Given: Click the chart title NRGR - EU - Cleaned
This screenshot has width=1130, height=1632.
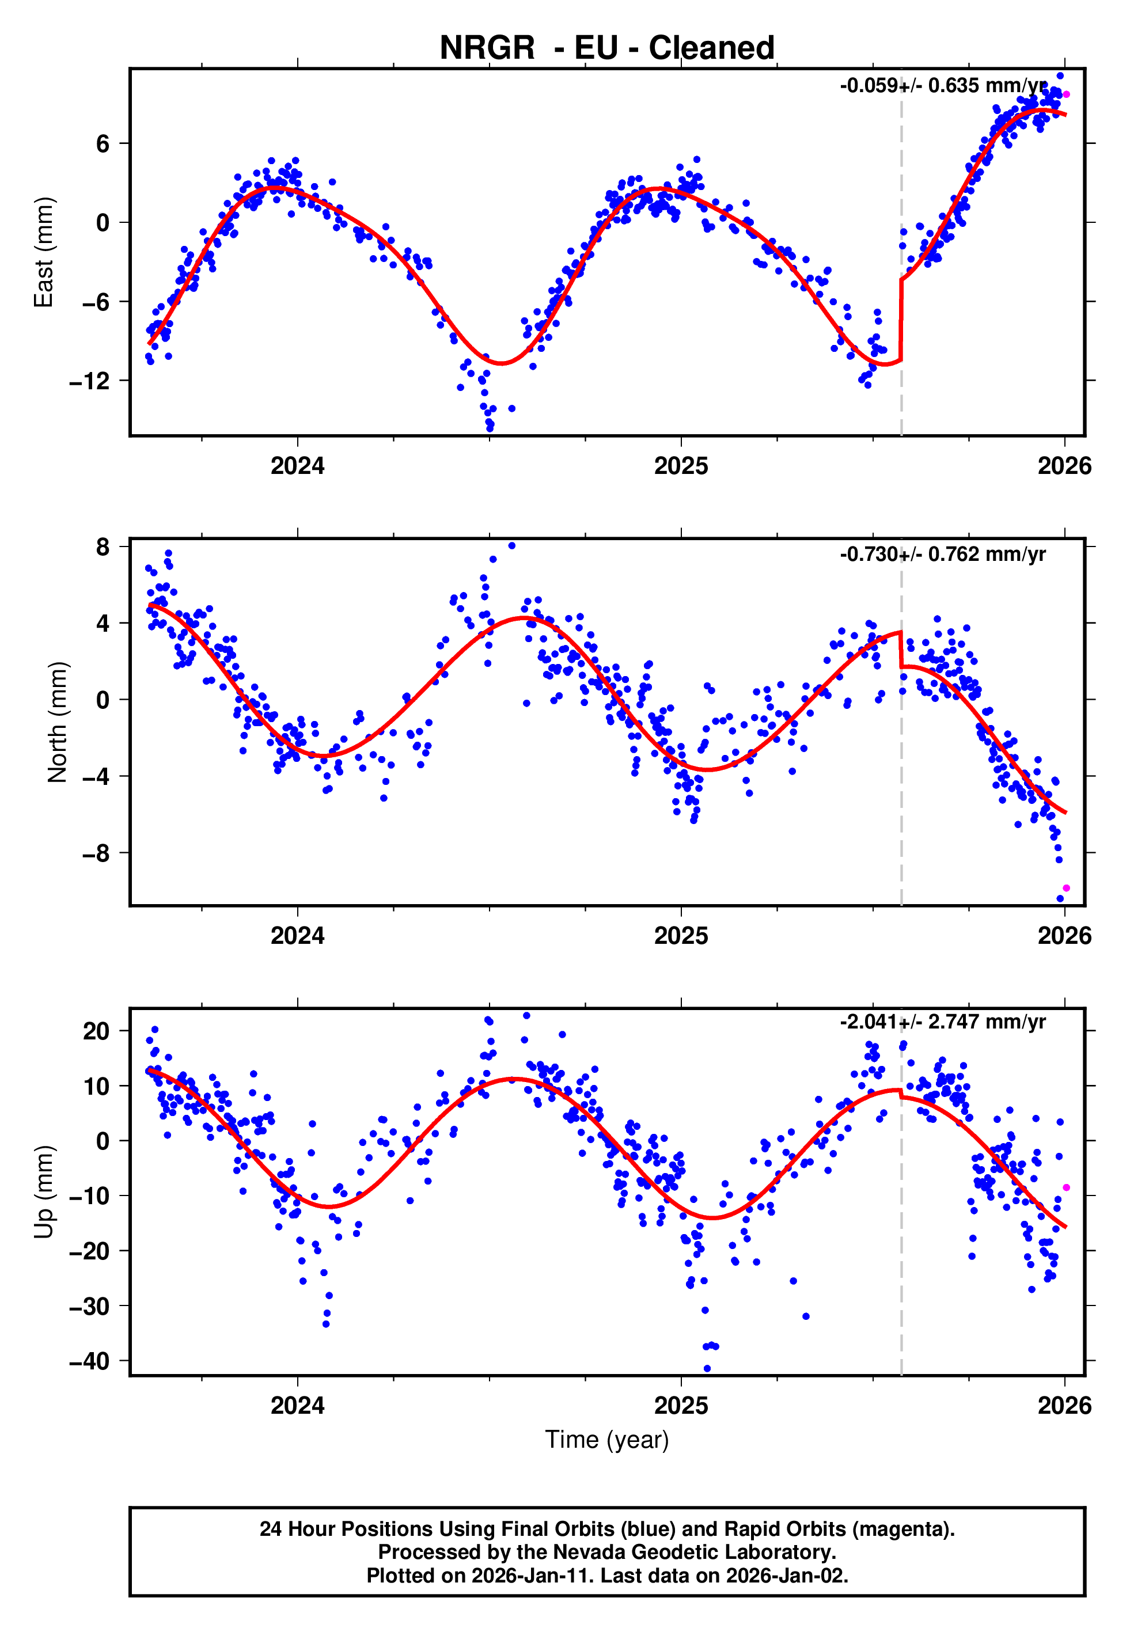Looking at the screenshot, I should coord(607,48).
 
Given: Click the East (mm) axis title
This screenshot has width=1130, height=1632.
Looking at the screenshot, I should coord(44,253).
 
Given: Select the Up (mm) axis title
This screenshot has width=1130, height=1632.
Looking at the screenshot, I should coord(44,1192).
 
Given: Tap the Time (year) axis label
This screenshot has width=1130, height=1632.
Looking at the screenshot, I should coord(607,1440).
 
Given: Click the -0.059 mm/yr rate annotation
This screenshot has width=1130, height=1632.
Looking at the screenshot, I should coord(942,86).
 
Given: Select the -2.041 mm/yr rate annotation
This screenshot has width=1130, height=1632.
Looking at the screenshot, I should coord(942,1022).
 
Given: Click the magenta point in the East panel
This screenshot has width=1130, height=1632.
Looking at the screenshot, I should coord(1066,94).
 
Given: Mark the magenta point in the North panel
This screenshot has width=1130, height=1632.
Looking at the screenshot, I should coord(1066,888).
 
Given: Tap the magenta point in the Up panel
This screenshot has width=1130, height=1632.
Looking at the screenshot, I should coord(1066,1187).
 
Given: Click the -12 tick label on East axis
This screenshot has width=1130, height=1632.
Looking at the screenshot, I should coord(89,381).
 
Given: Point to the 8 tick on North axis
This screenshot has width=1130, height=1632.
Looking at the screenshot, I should coord(103,547).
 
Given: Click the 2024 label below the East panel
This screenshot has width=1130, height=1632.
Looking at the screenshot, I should coord(297,466).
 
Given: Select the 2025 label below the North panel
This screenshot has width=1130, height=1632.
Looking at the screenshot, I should coord(681,936).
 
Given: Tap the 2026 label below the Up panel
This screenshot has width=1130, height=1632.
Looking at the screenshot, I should coord(1064,1406).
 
